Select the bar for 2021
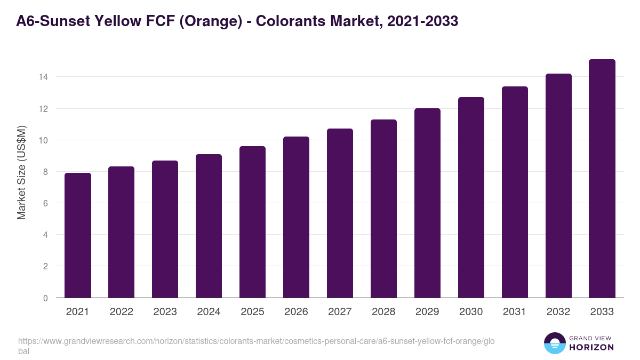78,235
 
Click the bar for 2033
602,179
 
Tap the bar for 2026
296,217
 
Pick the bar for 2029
427,203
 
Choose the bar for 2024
209,226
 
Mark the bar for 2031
515,192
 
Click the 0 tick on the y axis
45,298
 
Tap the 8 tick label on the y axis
45,172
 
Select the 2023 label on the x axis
165,312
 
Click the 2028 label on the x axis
383,312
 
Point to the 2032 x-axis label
558,312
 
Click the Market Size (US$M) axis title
21,172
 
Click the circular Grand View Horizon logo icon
555,343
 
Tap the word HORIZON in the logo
592,347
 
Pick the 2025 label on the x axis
252,312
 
